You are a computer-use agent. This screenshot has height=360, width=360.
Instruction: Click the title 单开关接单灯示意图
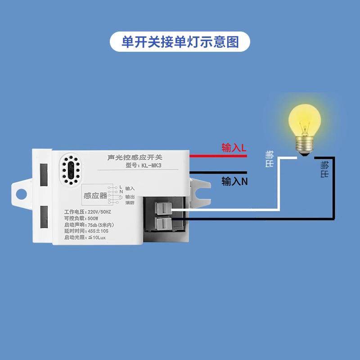[x=180, y=42]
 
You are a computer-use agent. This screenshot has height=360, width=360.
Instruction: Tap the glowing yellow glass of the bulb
[x=305, y=119]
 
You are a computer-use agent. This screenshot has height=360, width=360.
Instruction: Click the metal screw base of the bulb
[x=305, y=146]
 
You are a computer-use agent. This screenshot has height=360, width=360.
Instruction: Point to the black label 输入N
[x=234, y=181]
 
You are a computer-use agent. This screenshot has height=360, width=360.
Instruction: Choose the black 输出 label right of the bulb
[x=324, y=169]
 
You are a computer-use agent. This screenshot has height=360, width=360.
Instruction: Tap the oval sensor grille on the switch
[x=71, y=172]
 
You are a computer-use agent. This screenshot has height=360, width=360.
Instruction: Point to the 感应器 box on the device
[x=95, y=195]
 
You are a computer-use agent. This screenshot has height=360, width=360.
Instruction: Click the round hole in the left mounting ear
[x=20, y=194]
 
